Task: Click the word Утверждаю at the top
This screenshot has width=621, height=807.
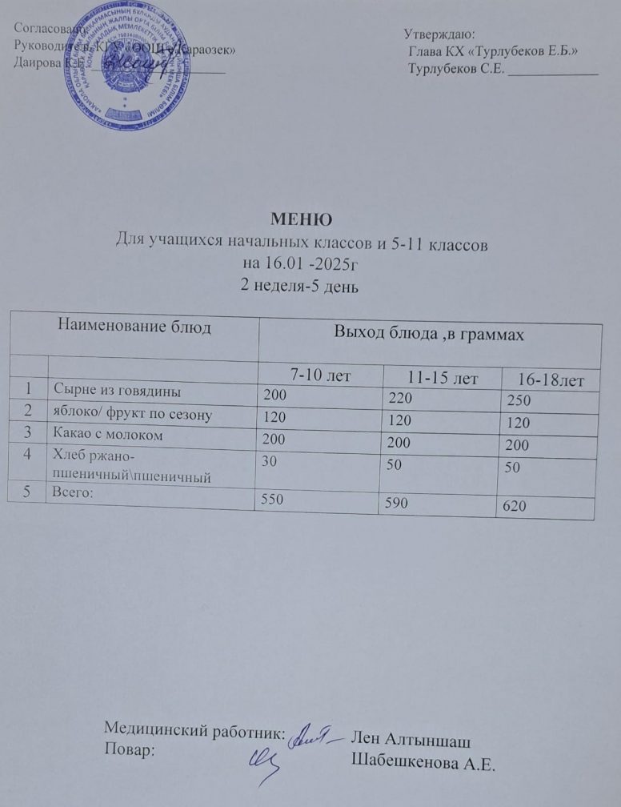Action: point(439,34)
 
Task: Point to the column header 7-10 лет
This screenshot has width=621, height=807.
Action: point(319,373)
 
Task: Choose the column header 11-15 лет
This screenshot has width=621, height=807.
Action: point(441,376)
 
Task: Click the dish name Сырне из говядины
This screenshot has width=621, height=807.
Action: point(117,391)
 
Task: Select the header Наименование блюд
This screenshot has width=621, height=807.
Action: point(135,327)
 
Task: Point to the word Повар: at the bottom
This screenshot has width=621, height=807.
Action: point(132,750)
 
